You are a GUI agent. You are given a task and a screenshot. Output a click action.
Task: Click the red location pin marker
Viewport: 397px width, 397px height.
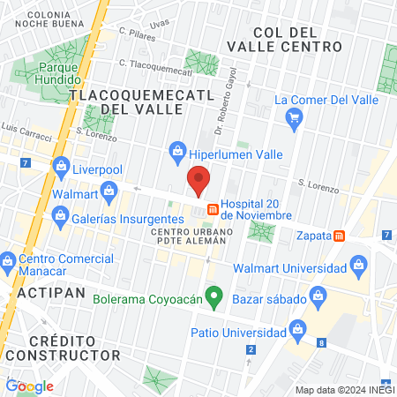click(x=198, y=181)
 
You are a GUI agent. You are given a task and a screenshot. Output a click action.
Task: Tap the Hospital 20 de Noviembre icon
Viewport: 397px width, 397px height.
click(x=213, y=209)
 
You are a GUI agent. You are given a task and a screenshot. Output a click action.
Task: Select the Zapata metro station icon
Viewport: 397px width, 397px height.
click(x=339, y=235)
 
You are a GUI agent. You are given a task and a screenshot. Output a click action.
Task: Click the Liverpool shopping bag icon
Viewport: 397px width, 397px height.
click(x=61, y=165)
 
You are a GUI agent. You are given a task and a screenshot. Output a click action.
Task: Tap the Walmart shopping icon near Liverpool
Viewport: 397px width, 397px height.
click(x=109, y=190)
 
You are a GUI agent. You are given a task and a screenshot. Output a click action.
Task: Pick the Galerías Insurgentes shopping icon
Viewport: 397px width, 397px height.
click(x=59, y=214)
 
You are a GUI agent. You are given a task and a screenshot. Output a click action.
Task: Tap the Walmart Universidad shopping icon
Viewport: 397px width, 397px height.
click(x=358, y=264)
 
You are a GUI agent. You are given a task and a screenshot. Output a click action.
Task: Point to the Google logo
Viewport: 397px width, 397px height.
click(x=29, y=386)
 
